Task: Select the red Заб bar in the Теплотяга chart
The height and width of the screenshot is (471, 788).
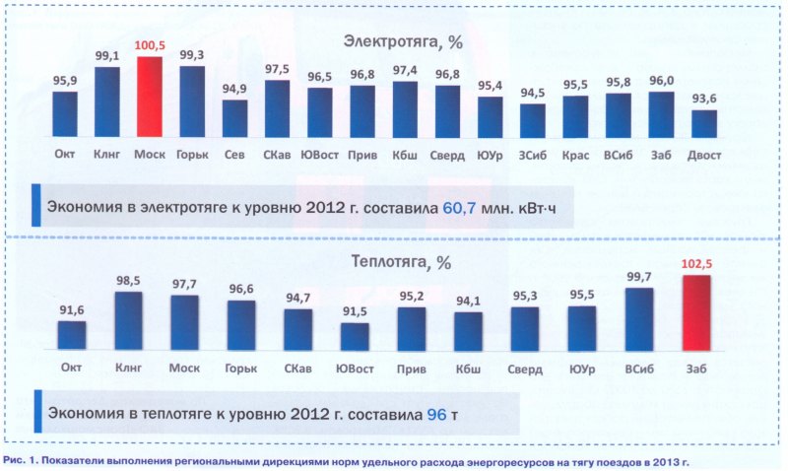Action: (696, 312)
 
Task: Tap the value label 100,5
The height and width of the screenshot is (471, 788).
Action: (149, 46)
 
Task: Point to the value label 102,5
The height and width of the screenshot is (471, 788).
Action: (696, 264)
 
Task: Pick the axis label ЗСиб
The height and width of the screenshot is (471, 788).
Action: (533, 155)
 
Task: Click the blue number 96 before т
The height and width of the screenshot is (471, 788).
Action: (435, 415)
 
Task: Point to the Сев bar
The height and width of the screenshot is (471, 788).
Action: (234, 118)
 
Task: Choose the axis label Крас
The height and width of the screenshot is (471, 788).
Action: (575, 155)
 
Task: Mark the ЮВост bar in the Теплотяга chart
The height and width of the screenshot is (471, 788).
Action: (355, 336)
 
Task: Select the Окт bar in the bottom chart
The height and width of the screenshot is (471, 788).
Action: (71, 335)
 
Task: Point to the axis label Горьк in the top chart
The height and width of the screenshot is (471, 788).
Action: (192, 155)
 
